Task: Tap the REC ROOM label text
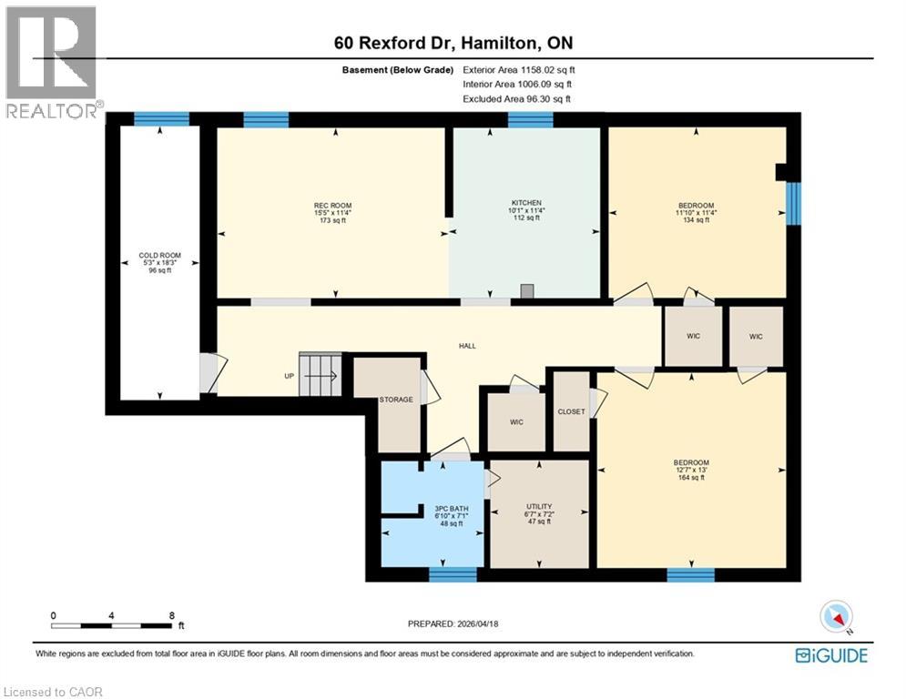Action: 332,206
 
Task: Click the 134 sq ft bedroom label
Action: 696,206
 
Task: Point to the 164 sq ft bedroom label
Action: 691,462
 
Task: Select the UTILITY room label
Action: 539,506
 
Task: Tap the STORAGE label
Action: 397,400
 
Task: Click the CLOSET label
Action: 571,411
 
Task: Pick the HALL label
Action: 467,346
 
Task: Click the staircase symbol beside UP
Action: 322,375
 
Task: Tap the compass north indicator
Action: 837,617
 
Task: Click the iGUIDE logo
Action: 830,655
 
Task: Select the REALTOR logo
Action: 51,62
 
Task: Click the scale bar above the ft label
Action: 113,625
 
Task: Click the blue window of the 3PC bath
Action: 453,573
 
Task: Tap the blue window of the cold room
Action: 161,118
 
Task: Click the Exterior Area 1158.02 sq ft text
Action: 519,69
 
